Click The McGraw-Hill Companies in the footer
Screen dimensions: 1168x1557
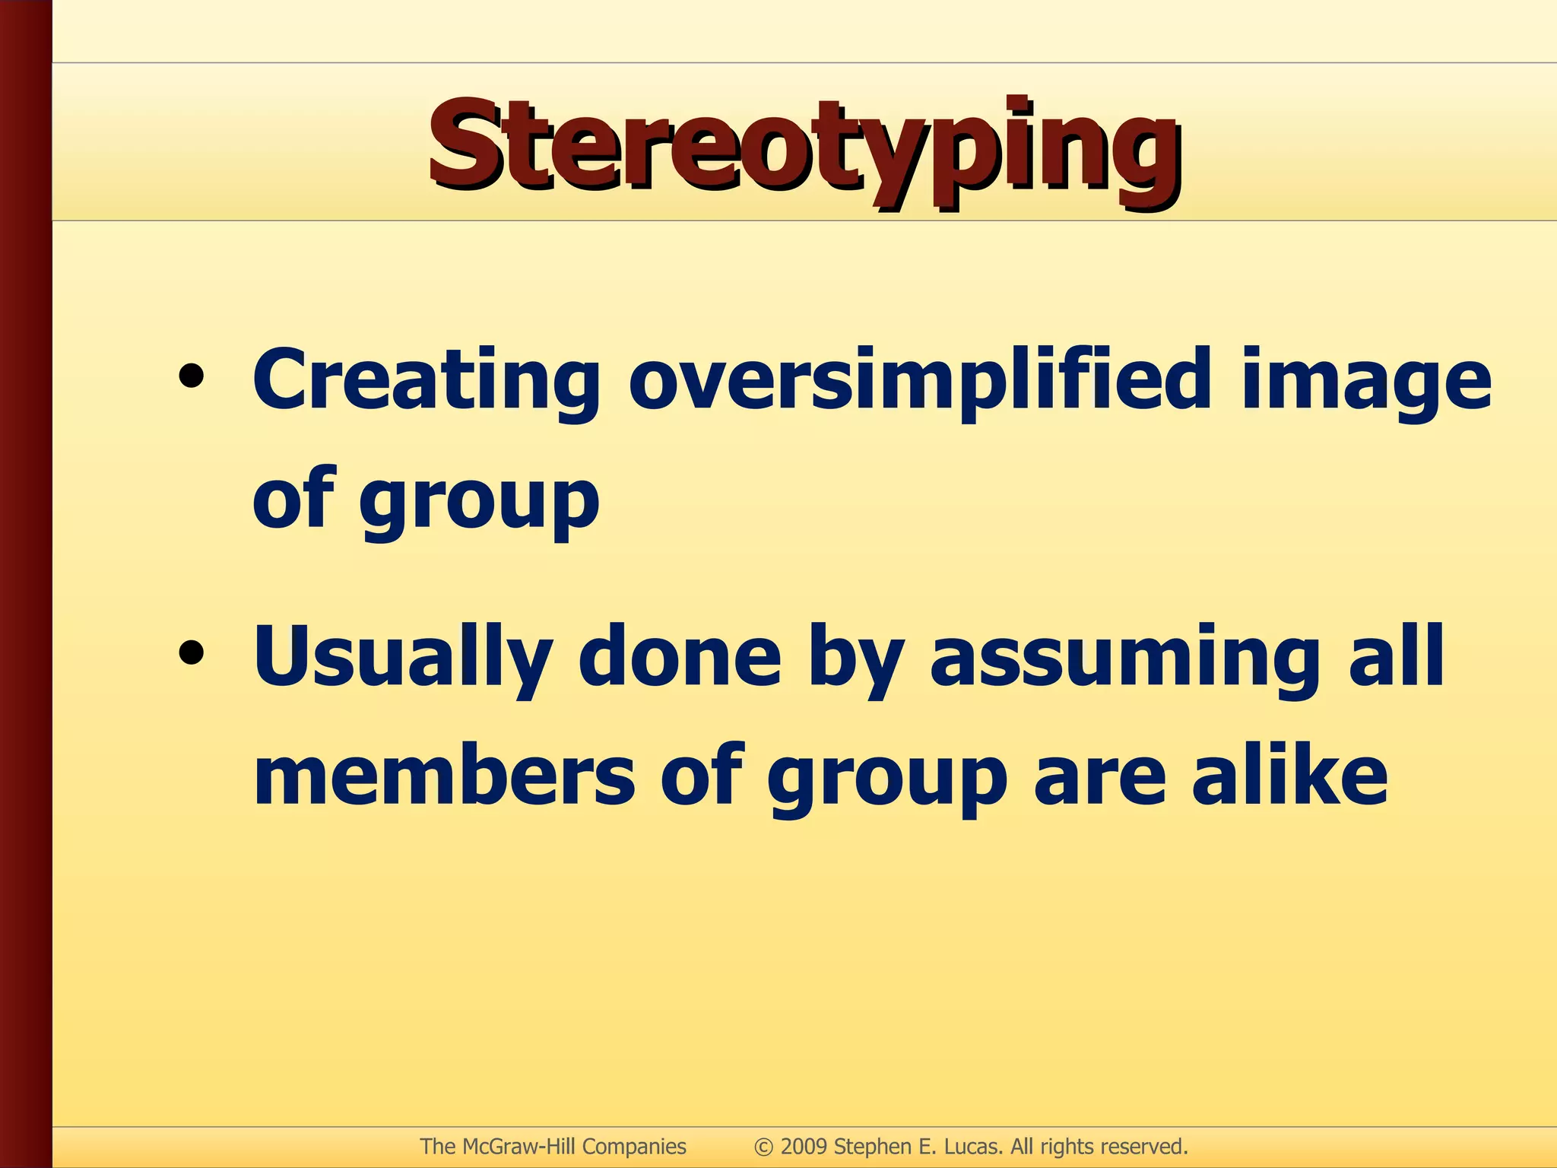[x=553, y=1147]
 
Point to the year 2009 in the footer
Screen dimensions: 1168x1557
[x=803, y=1147]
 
